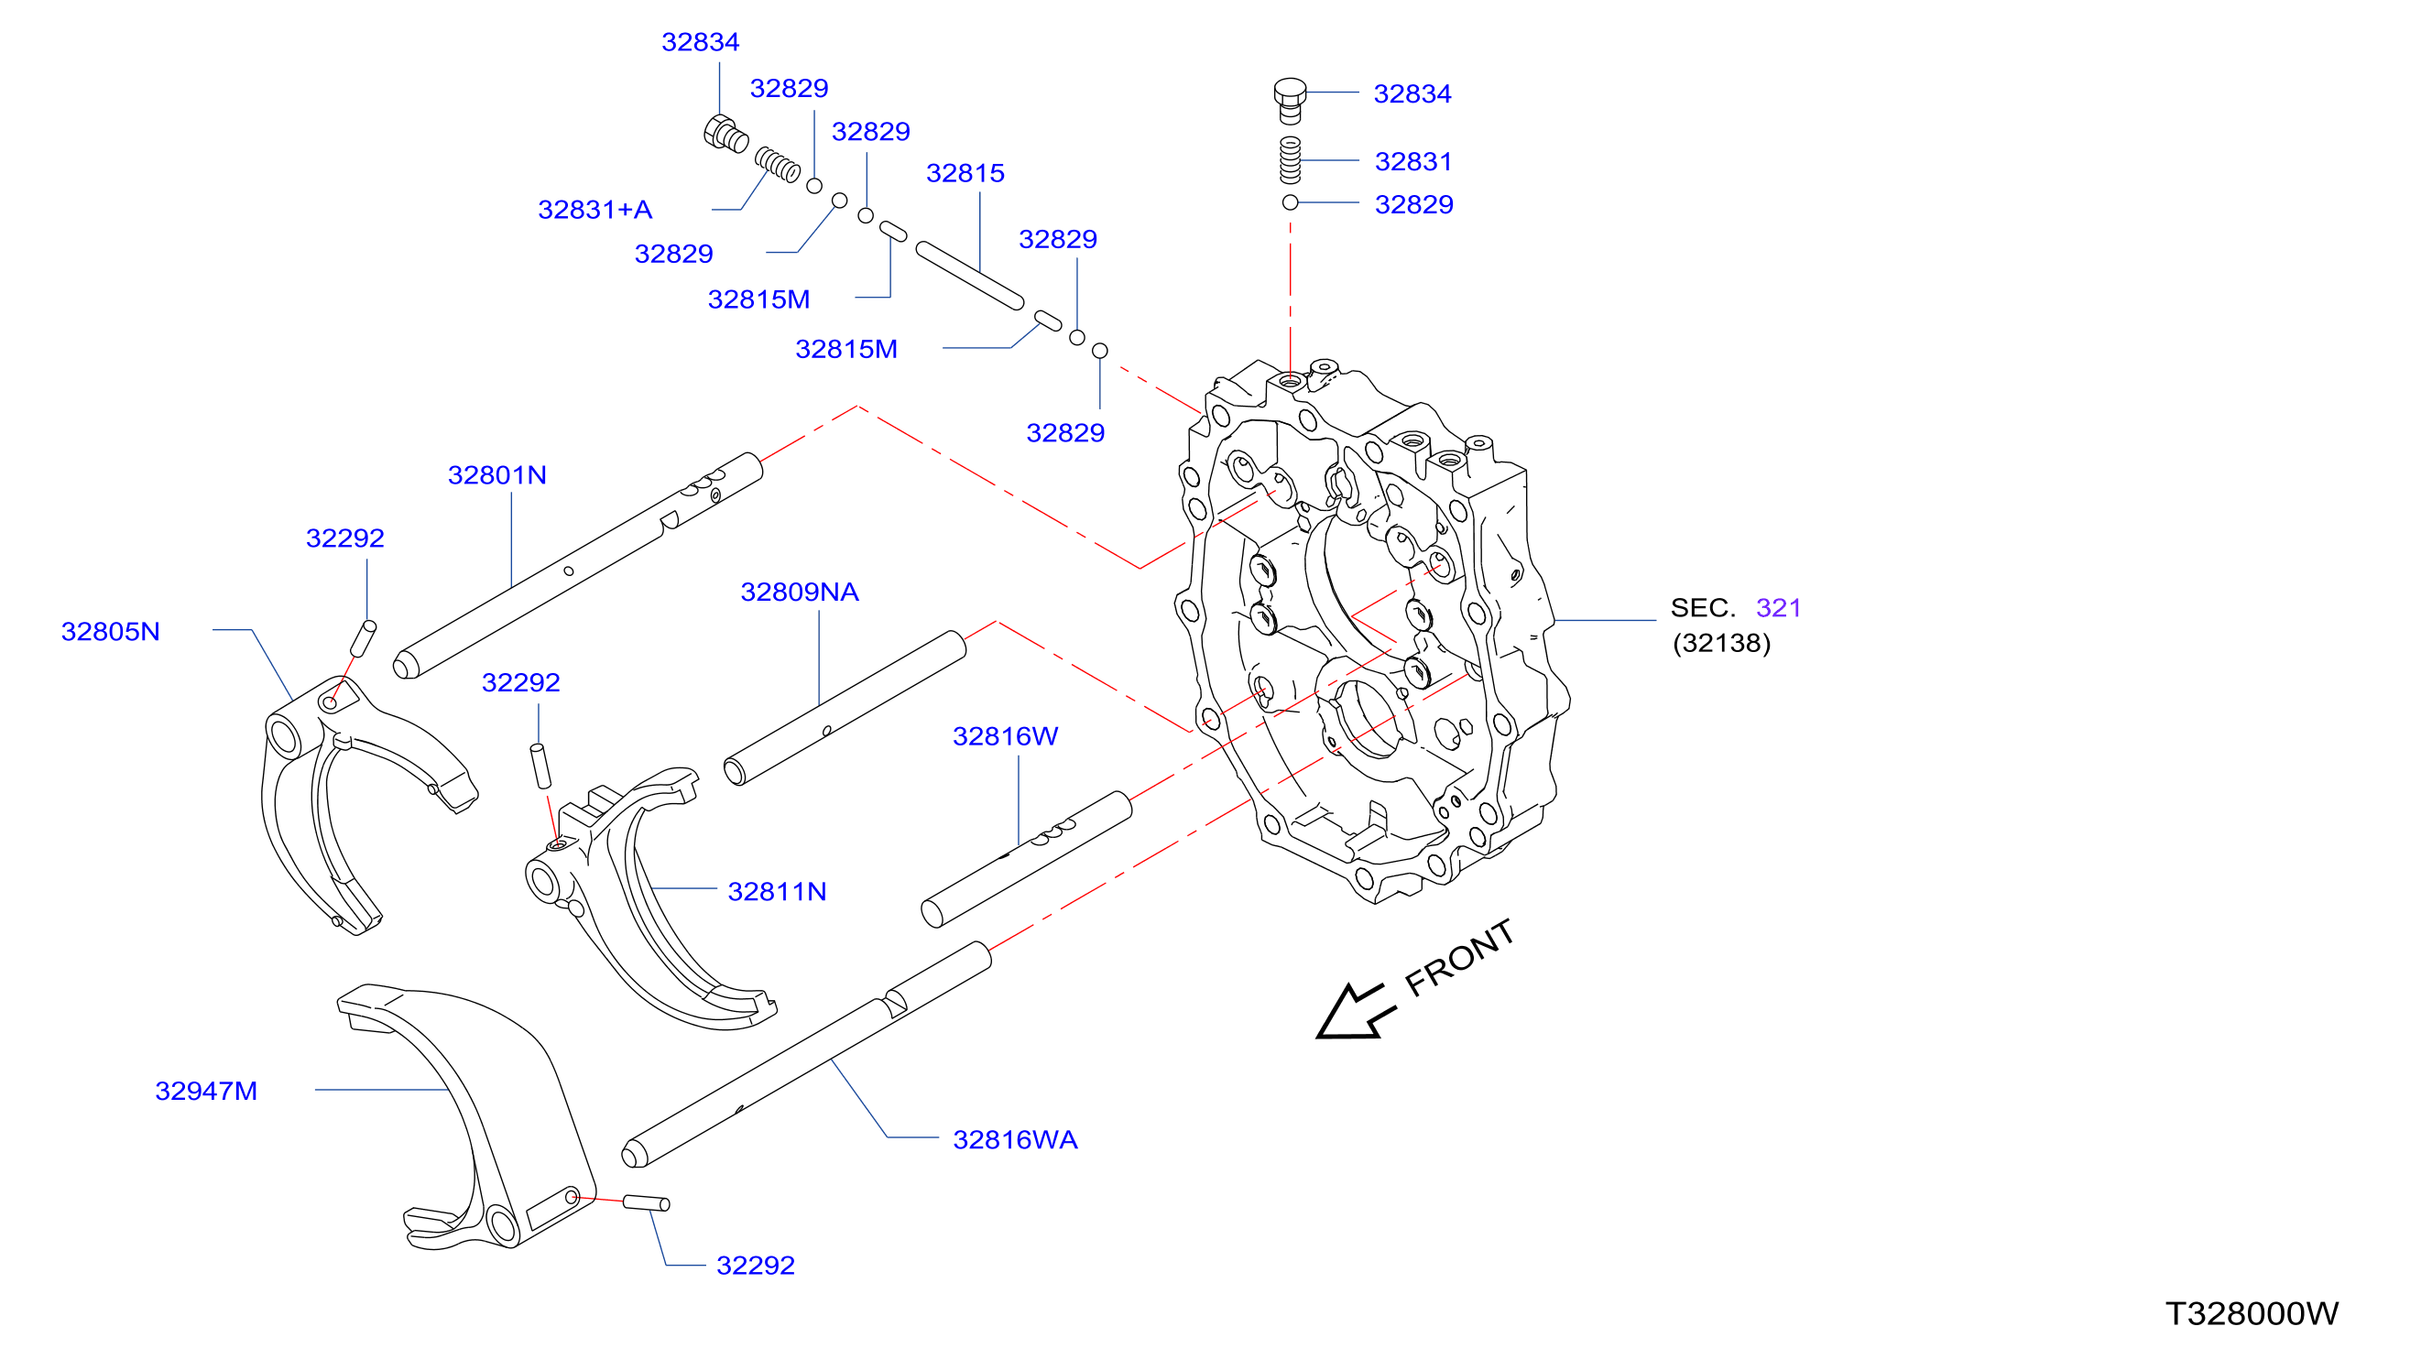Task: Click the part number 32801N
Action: point(496,474)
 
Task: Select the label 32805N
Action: point(111,631)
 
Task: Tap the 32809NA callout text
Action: point(800,592)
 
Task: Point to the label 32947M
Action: point(206,1091)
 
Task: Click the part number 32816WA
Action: point(1015,1140)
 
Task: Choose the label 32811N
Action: point(777,892)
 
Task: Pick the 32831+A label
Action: point(594,210)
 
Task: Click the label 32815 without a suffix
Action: point(965,173)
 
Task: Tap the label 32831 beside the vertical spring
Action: point(1413,161)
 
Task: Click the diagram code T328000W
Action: point(2252,1314)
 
